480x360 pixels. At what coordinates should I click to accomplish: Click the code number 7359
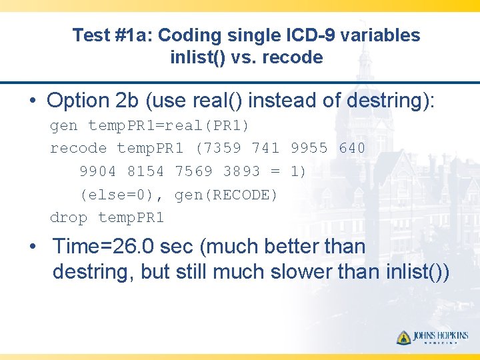click(227, 148)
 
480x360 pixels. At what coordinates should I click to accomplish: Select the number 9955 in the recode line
click(309, 148)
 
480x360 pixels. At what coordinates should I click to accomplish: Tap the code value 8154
click(145, 171)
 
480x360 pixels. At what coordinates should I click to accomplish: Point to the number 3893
click(241, 171)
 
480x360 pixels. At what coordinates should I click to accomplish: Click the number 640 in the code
click(352, 148)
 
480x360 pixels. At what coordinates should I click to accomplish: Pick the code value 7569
click(193, 171)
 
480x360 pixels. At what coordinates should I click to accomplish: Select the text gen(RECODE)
click(226, 195)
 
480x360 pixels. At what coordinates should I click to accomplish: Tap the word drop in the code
click(69, 218)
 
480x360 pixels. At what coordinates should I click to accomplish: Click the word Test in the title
click(90, 35)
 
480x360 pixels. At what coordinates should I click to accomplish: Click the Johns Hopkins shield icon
click(403, 337)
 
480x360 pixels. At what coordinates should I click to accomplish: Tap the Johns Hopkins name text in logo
click(441, 335)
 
